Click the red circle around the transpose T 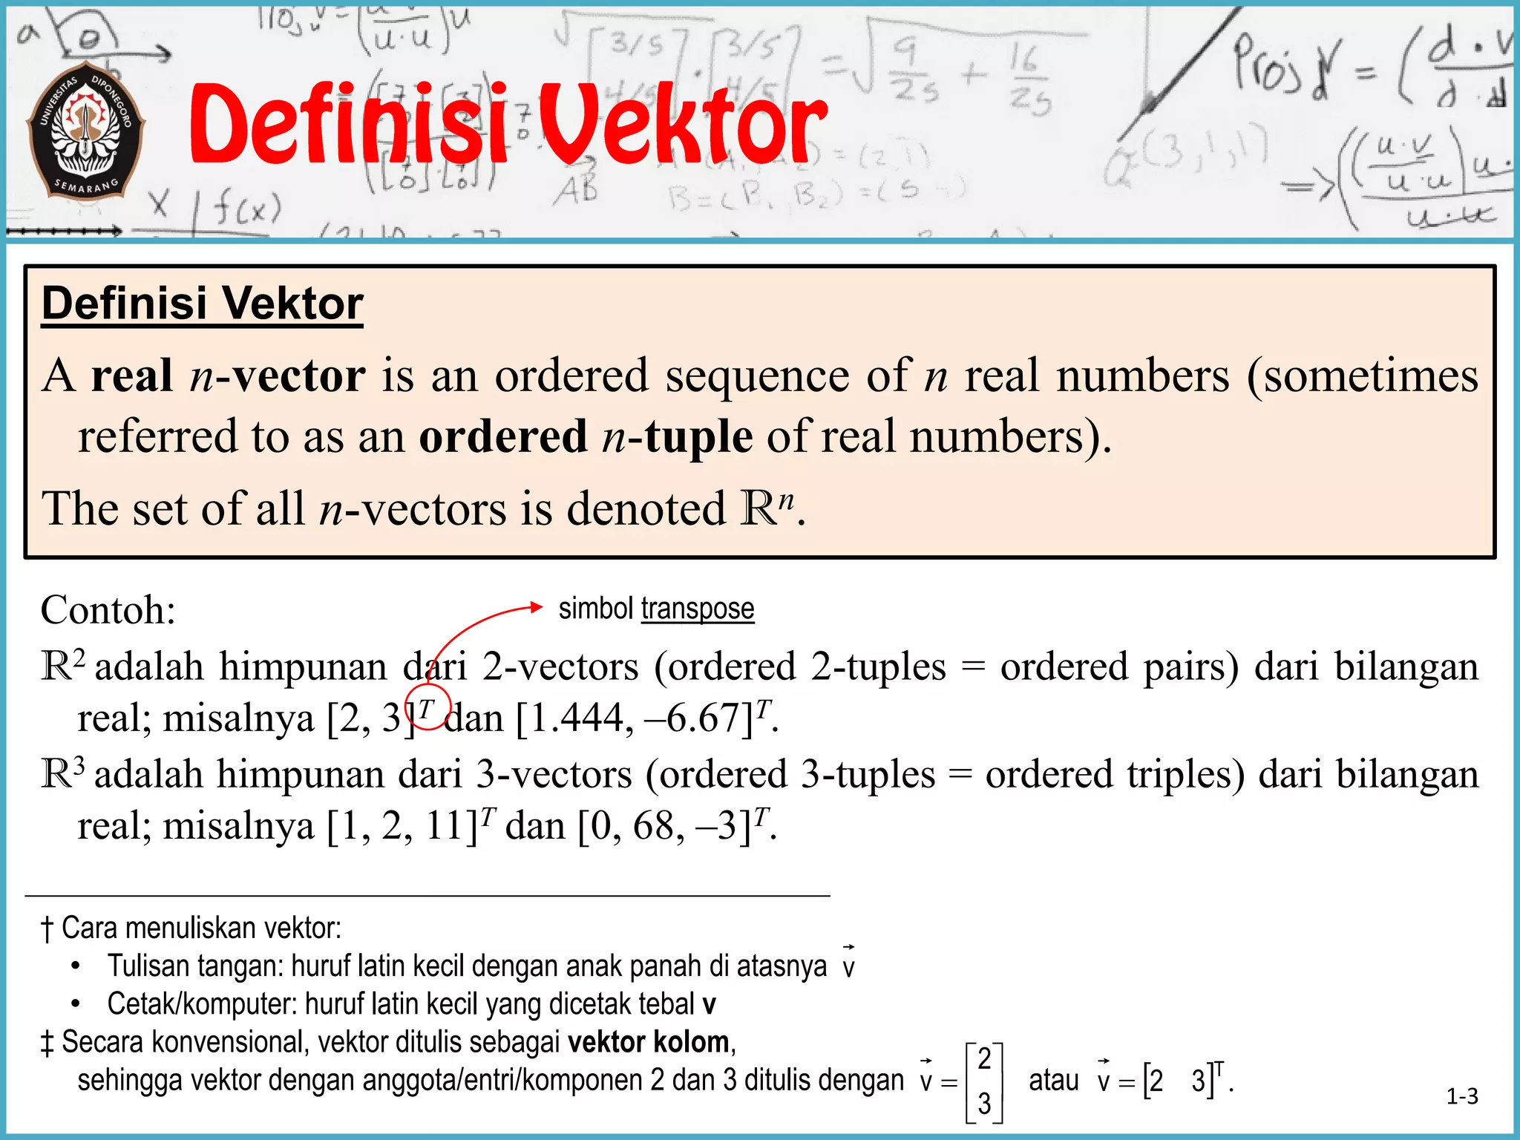point(427,707)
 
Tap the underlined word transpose point(697,609)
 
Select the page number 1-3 point(1461,1096)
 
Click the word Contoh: point(108,610)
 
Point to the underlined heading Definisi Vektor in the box point(202,304)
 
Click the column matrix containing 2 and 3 point(984,1081)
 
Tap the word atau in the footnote point(1053,1080)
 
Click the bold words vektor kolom point(648,1042)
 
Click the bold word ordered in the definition point(502,436)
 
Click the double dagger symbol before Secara point(47,1043)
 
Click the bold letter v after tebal point(709,1005)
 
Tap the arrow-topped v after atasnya point(848,963)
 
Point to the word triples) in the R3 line point(1185,774)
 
